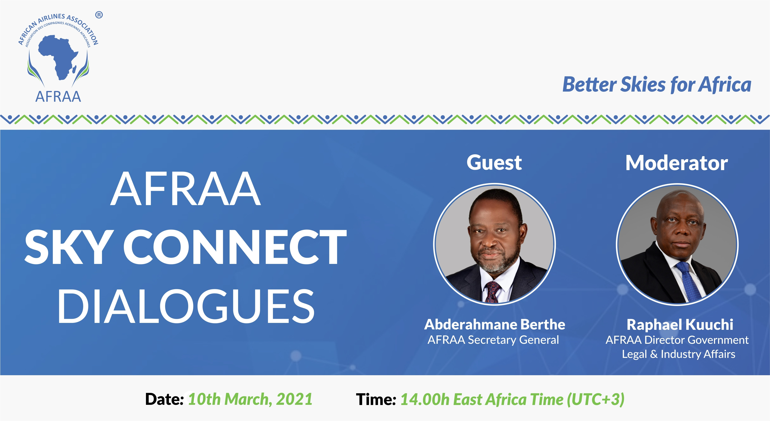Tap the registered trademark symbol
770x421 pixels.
pyautogui.click(x=99, y=15)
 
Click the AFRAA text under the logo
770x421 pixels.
pyautogui.click(x=58, y=97)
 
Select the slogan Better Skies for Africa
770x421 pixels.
pyautogui.click(x=657, y=84)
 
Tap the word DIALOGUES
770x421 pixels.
pyautogui.click(x=186, y=306)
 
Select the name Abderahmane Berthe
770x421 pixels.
pyautogui.click(x=495, y=324)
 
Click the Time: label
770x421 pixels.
pyautogui.click(x=376, y=399)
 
